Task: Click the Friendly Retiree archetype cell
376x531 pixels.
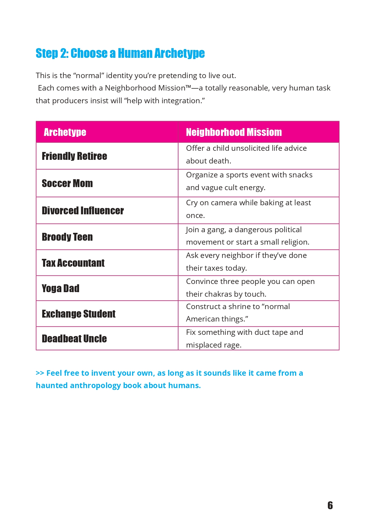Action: click(x=75, y=156)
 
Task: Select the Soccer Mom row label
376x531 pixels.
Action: click(x=67, y=183)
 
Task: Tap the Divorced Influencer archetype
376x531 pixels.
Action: click(x=83, y=211)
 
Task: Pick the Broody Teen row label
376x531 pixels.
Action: click(x=67, y=237)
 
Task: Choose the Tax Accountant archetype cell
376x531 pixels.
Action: click(x=73, y=263)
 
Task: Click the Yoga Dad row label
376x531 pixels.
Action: click(x=61, y=289)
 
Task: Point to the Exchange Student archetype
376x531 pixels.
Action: click(x=78, y=314)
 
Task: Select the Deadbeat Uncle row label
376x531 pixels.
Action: click(x=74, y=339)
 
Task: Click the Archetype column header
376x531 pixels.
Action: click(x=65, y=132)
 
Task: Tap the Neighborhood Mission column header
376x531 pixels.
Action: click(x=234, y=132)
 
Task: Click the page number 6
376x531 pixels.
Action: click(x=330, y=505)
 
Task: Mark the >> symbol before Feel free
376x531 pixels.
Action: click(x=40, y=373)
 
